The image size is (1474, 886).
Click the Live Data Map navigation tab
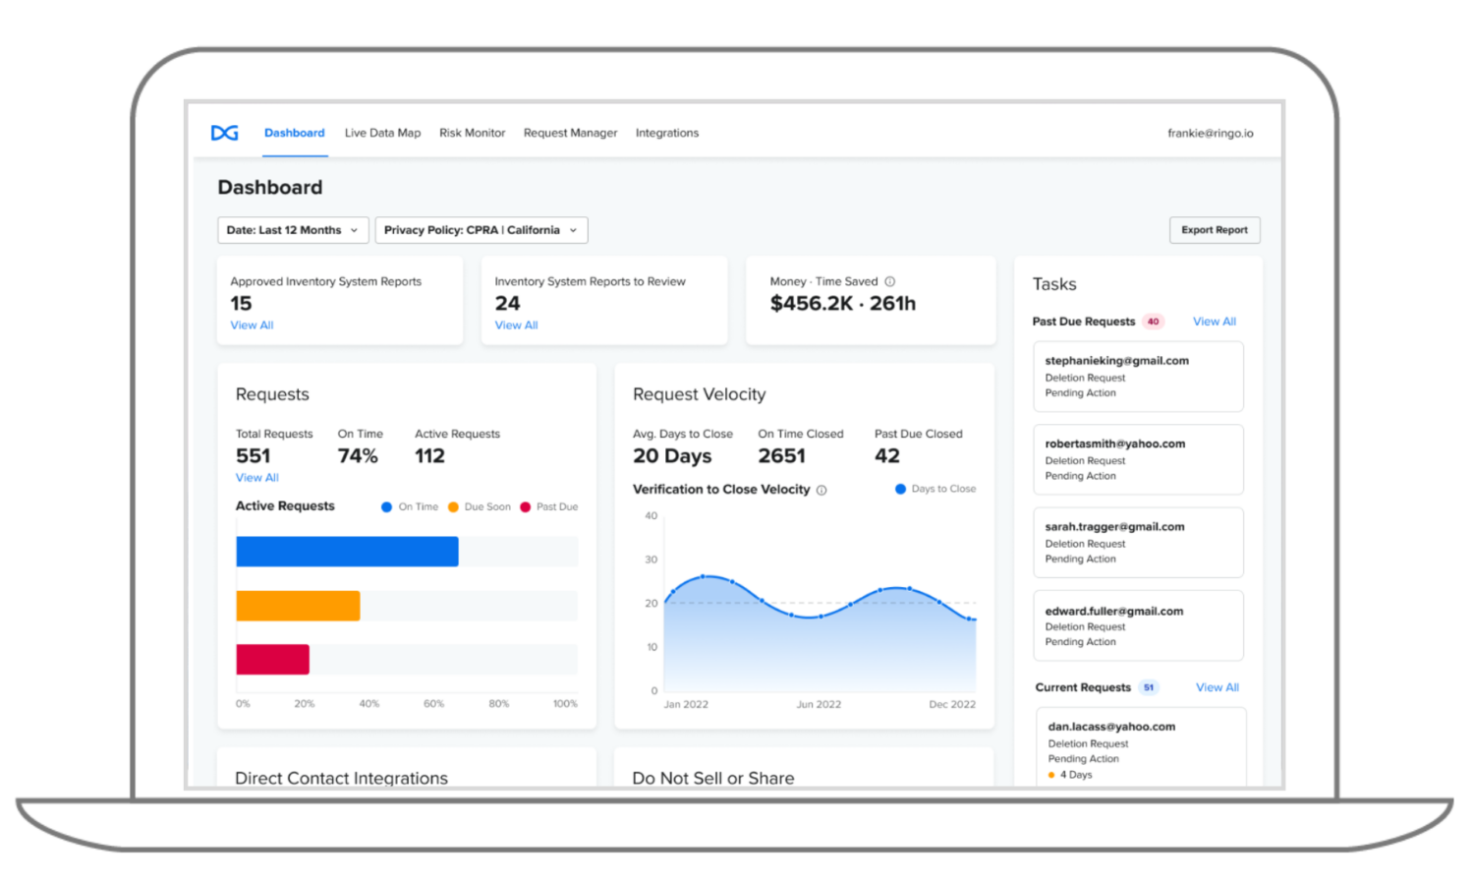(382, 133)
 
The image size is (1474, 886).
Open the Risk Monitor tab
(472, 133)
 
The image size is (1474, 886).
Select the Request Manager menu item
(570, 133)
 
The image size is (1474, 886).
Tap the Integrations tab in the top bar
(666, 133)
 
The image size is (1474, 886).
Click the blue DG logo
(225, 133)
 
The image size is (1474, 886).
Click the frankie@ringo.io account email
(1210, 133)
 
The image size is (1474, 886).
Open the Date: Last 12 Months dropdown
(293, 230)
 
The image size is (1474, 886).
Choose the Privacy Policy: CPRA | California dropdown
(481, 230)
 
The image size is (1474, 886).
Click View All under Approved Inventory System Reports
(252, 325)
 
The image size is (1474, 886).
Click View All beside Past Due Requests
(1214, 322)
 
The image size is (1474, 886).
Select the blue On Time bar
(347, 552)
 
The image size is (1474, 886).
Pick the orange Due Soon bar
(298, 606)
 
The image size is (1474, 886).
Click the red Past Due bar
(272, 659)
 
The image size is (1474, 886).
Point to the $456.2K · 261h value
(842, 304)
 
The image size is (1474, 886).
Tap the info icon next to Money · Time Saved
(889, 281)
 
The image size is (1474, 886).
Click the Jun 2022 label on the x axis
(818, 704)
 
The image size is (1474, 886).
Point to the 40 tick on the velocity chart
(651, 515)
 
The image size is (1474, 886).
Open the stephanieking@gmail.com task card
(1138, 377)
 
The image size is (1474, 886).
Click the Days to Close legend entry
(935, 489)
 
